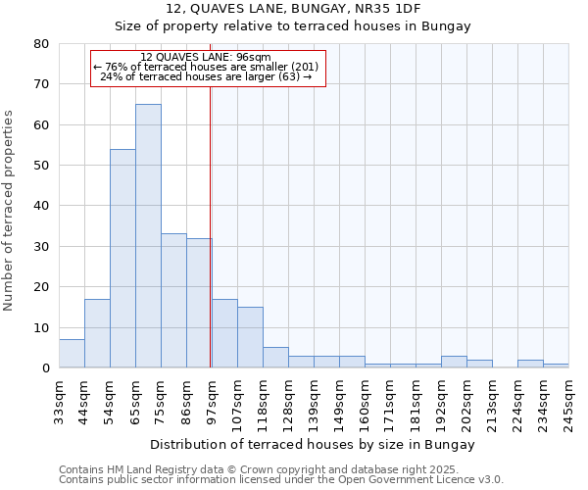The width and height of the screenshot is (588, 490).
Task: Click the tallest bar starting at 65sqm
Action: [x=148, y=235]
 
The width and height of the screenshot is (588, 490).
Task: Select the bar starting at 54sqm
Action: [x=122, y=259]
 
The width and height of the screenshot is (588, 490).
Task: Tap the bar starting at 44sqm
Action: [x=97, y=333]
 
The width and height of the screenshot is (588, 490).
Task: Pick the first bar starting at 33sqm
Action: [x=72, y=354]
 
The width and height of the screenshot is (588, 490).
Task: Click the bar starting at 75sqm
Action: [x=173, y=300]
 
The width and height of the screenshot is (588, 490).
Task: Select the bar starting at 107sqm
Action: [x=250, y=337]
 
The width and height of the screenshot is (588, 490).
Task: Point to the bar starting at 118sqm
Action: [x=275, y=358]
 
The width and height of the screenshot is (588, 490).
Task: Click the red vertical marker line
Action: [x=210, y=245]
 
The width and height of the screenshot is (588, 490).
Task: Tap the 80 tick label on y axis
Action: [x=41, y=44]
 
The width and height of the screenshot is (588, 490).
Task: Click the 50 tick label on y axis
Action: [x=41, y=166]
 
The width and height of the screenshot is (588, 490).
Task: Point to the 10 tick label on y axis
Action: [x=41, y=327]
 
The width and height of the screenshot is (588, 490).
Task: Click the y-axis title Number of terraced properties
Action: [x=9, y=210]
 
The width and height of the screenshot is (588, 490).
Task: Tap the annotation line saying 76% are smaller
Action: [x=206, y=67]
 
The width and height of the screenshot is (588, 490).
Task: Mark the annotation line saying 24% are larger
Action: [x=206, y=76]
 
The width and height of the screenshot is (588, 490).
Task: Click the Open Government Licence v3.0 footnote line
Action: [x=280, y=480]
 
